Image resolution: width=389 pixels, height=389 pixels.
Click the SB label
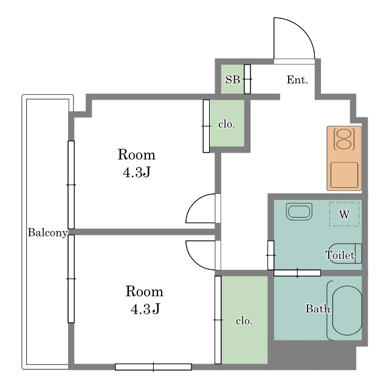point(232,80)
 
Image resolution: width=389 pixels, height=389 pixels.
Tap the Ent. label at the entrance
point(297,80)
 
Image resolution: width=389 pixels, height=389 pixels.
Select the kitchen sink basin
point(345,175)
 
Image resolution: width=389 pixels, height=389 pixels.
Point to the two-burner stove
point(345,139)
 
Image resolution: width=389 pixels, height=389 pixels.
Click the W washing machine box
point(344,214)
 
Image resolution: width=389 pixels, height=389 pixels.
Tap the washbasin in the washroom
point(299,212)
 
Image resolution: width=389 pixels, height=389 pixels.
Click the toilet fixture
point(345,253)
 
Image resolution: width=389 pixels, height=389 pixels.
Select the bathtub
point(347,311)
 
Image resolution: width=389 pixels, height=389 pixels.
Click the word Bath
point(317,309)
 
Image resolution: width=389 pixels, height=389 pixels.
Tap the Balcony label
point(47,233)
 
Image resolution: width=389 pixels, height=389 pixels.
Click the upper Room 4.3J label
point(137,163)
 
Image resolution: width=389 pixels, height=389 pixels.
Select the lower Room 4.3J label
point(145,300)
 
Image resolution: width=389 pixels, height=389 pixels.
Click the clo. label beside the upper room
point(227,124)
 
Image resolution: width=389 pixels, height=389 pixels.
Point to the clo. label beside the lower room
point(244,321)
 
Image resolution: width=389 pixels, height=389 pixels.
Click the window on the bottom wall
point(153,367)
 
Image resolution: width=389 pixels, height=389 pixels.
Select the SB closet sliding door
point(247,79)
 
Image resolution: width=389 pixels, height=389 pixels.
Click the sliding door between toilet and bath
point(297,273)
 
